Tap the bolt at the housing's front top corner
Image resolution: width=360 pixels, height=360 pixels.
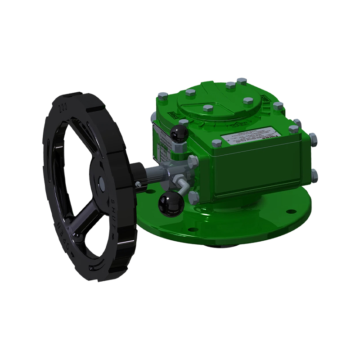click(216, 144)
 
